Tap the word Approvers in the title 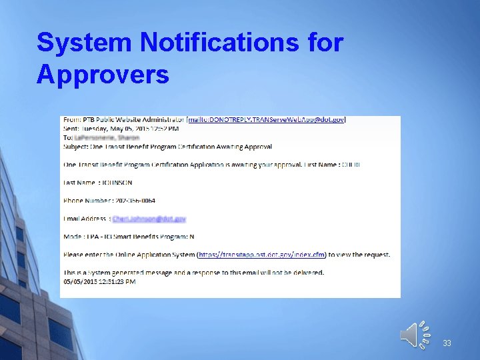click(x=103, y=74)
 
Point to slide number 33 click(x=447, y=343)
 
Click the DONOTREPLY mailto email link click(x=267, y=120)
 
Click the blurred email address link click(x=149, y=219)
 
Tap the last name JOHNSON click(x=117, y=183)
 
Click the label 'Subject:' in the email click(x=75, y=146)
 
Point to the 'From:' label click(x=71, y=120)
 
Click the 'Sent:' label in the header click(x=71, y=129)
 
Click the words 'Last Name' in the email click(x=79, y=183)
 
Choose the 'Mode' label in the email click(x=72, y=237)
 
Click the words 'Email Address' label click(x=84, y=219)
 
